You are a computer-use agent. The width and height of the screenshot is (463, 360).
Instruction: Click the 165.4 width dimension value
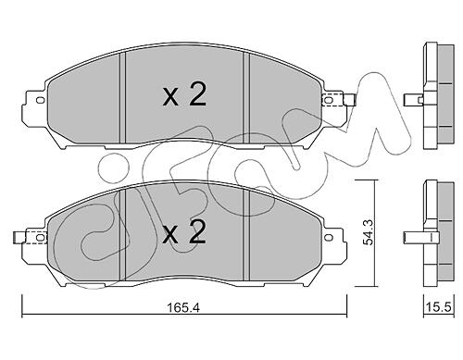(183, 307)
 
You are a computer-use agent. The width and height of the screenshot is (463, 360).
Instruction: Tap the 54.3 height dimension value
(369, 232)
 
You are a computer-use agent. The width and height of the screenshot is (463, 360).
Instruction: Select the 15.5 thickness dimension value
(439, 307)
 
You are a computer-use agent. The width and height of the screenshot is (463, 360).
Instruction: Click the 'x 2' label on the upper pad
(184, 95)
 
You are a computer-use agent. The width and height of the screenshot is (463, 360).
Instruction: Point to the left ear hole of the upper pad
(40, 100)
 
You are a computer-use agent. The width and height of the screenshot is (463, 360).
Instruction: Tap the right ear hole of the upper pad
(328, 100)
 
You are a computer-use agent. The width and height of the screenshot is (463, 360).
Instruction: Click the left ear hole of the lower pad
(40, 238)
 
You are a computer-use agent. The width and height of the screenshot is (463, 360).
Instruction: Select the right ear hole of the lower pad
(330, 238)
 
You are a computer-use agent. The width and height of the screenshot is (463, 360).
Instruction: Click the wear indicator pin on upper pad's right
(349, 100)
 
